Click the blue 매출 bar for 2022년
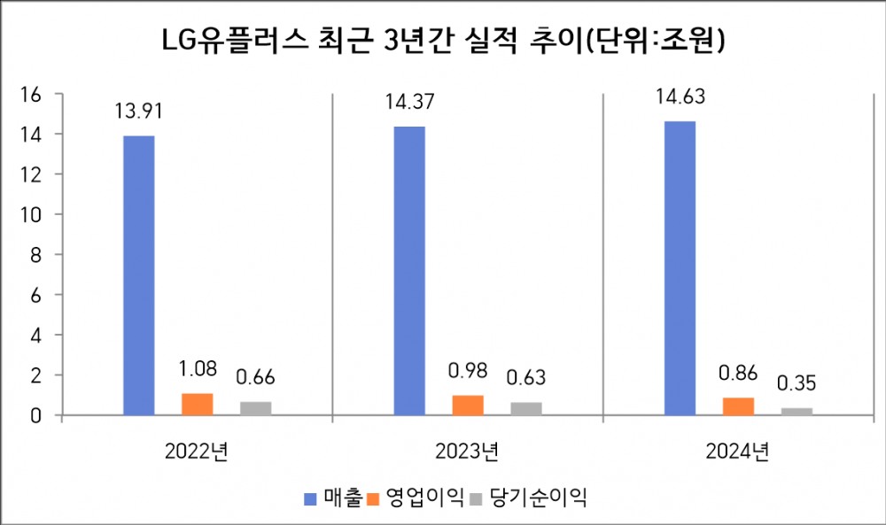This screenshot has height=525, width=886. point(139,275)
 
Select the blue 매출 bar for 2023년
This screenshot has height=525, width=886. point(409,271)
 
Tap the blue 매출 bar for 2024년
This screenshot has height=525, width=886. point(680,268)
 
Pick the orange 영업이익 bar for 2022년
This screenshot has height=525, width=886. point(198,404)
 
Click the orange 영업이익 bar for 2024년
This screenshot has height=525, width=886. point(738,406)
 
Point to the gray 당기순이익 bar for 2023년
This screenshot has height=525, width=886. point(525,408)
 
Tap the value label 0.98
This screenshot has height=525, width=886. point(468,370)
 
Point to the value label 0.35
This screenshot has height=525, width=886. point(797,383)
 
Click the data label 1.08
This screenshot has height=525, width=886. point(198,367)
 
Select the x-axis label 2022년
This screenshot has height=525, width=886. point(197,452)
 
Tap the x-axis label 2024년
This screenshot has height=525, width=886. point(737,452)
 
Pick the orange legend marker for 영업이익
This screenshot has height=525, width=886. point(373,498)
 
